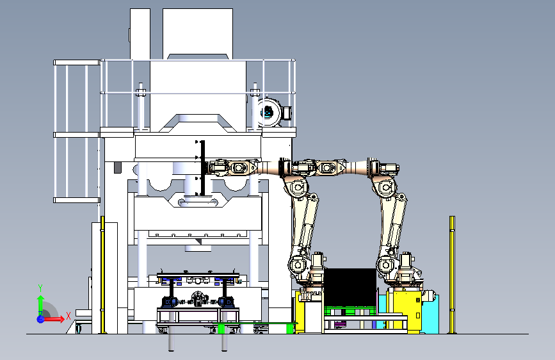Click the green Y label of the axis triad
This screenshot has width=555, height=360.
point(40,288)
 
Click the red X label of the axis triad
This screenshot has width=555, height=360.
point(68,316)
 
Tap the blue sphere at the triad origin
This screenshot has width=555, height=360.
point(41,319)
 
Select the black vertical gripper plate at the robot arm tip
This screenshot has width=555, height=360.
point(202,168)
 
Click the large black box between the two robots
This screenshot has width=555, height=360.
point(350,287)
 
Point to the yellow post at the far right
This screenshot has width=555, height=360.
point(452,275)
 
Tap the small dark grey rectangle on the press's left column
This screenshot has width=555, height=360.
point(118,168)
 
